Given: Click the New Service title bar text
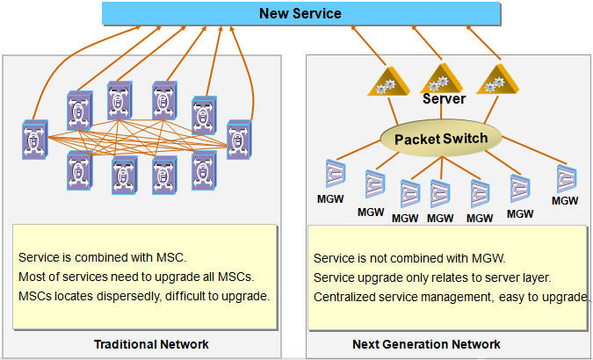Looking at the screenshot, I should (x=300, y=13).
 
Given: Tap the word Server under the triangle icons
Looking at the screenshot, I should (x=444, y=98).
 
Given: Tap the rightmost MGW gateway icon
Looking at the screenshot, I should (x=566, y=178).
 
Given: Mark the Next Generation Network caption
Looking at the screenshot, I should (x=426, y=343).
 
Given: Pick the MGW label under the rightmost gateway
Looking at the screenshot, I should (x=566, y=200).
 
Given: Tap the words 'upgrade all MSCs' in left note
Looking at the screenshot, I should (x=207, y=277).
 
